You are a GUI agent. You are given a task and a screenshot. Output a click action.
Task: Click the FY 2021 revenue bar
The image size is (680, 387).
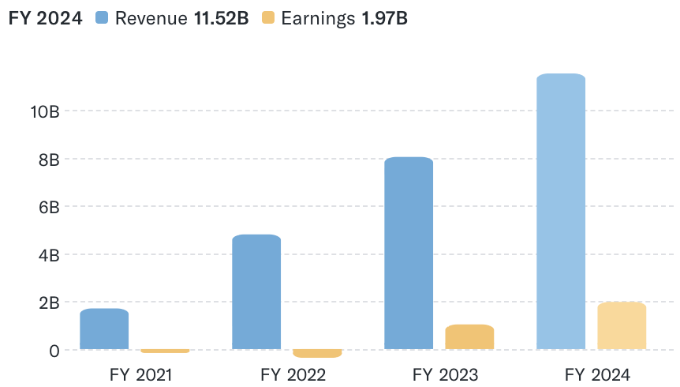[104, 329]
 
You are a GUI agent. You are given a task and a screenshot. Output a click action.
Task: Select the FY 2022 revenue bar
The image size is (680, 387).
[256, 292]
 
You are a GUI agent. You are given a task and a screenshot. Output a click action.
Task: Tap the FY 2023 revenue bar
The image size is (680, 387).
[409, 254]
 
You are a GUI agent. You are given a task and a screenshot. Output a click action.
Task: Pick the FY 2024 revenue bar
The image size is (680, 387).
[561, 212]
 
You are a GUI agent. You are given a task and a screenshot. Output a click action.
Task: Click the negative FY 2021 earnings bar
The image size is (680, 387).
[165, 351]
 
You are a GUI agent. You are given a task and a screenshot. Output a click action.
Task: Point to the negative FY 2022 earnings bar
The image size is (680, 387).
[317, 353]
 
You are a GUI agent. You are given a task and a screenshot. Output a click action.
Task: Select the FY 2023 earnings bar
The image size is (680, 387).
[469, 337]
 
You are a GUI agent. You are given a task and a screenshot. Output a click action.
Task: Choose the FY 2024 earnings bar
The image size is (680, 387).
[622, 325]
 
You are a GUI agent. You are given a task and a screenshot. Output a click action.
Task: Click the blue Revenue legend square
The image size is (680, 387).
[102, 18]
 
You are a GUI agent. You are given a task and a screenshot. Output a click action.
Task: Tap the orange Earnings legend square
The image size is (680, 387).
[268, 18]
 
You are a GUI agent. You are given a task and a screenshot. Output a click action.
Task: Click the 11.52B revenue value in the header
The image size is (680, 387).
[222, 18]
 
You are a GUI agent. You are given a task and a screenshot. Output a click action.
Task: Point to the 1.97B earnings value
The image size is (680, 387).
[384, 18]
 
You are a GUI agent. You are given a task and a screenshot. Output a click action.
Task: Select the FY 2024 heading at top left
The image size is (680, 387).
[45, 18]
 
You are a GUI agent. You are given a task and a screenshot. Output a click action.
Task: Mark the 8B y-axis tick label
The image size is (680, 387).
[49, 160]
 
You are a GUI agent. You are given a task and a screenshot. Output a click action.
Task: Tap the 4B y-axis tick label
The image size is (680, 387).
[49, 255]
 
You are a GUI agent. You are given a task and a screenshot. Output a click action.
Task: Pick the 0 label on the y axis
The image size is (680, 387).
[54, 351]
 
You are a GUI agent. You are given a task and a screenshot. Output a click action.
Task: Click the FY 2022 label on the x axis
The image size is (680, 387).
[293, 374]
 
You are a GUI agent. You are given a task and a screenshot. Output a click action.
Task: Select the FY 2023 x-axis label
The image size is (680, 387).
[445, 374]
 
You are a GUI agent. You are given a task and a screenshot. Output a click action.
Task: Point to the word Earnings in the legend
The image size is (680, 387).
[318, 18]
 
